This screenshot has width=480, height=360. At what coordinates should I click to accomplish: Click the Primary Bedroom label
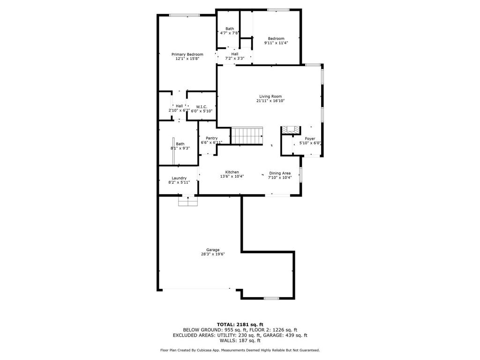[187, 54]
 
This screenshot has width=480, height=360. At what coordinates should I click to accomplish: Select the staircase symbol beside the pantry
[247, 136]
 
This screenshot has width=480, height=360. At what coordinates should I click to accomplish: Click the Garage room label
[213, 250]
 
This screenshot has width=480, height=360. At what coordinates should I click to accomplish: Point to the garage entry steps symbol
[188, 202]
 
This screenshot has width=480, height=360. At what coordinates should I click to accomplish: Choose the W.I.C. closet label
[202, 107]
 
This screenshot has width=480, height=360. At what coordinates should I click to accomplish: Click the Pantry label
[211, 138]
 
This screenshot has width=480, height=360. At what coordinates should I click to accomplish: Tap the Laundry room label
[179, 178]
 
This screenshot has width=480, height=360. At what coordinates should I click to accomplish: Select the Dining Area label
[280, 173]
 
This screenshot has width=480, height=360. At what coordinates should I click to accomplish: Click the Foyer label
[310, 139]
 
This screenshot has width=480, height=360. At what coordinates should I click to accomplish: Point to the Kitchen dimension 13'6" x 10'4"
[232, 177]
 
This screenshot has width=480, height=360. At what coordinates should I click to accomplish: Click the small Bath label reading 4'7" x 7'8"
[229, 29]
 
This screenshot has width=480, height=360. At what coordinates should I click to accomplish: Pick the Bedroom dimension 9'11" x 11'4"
[276, 43]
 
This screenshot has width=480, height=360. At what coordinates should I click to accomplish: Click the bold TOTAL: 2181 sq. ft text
[240, 324]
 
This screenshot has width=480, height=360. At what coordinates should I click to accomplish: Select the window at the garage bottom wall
[271, 298]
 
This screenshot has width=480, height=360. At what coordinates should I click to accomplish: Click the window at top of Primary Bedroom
[182, 15]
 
